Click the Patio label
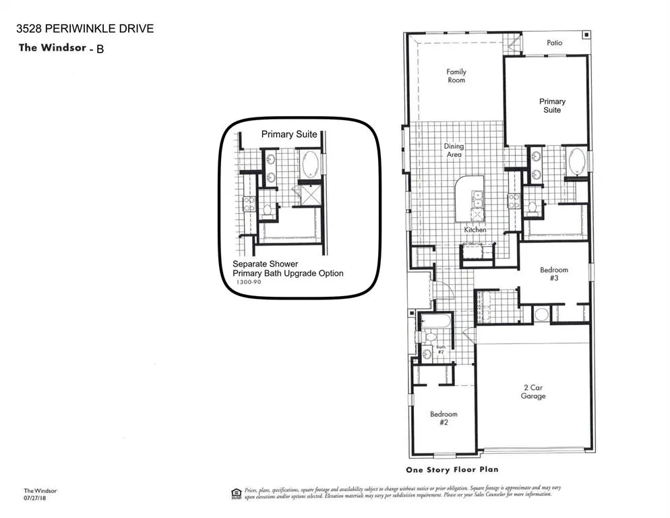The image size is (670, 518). pos(554,42)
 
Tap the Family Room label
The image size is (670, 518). pos(456,76)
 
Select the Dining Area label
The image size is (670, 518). pos(453,150)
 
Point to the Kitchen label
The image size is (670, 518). pos(475,230)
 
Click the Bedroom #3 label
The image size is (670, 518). pos(554,274)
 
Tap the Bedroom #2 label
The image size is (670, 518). pos(444,418)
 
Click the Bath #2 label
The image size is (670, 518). pos(441,349)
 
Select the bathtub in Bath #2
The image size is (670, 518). pos(436,320)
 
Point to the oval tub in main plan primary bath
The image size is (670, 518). pos(578,162)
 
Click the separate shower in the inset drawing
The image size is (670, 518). pos(311,195)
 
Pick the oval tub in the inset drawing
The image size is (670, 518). pos(311,164)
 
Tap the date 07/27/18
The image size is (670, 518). pos(34,498)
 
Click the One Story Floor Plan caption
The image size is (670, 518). pos(452,470)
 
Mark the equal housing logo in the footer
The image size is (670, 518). pos(236,492)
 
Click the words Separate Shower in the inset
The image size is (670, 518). pos(266,264)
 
